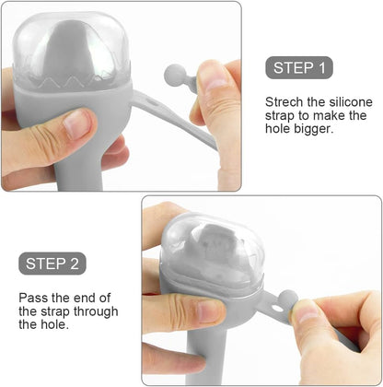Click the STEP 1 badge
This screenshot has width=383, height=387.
299,67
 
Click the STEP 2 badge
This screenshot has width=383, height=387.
52,264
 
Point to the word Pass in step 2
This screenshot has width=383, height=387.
33,298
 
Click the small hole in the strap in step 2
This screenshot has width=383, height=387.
276,307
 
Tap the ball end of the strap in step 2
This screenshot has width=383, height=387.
288,298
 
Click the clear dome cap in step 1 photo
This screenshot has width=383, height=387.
71,51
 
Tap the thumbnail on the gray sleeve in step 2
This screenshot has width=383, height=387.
210,311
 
